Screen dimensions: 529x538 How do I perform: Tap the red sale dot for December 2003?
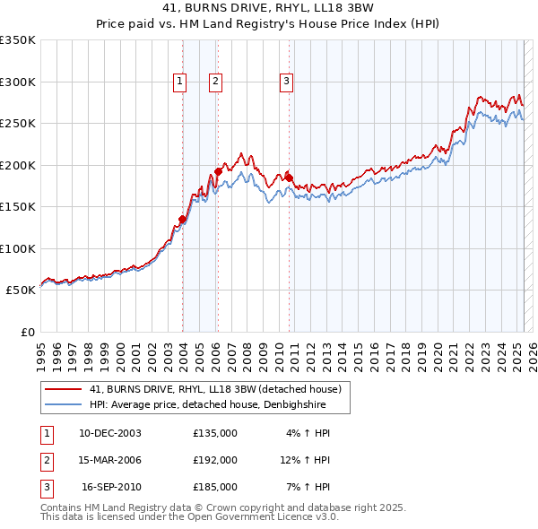coord(183,219)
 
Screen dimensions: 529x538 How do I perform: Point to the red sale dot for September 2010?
coord(289,177)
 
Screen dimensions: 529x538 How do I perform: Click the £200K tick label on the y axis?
coord(18,165)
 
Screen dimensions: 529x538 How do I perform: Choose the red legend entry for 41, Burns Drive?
coord(214,390)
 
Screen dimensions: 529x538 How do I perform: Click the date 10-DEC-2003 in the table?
coord(110,433)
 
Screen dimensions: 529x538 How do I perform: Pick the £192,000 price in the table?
coord(215,460)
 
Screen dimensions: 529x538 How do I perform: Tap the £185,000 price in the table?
coord(215,487)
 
